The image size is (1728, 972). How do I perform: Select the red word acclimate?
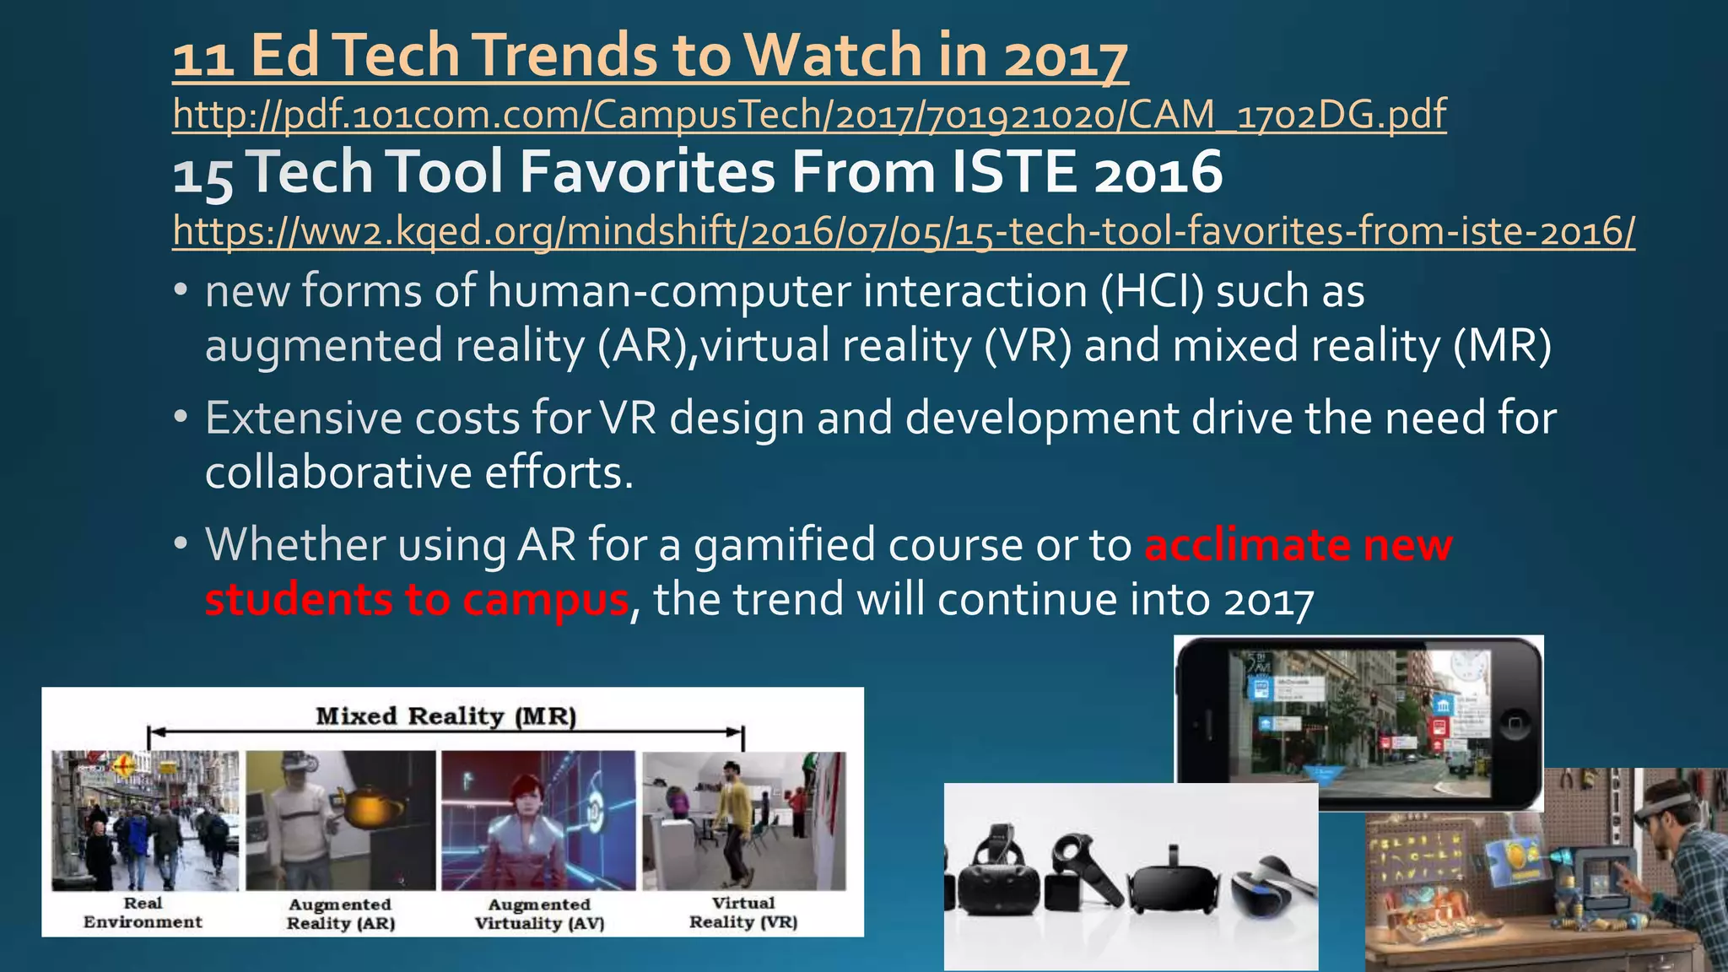(x=1245, y=545)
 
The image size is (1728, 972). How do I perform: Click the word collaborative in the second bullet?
(x=337, y=472)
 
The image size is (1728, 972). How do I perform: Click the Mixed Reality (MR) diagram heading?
(x=445, y=716)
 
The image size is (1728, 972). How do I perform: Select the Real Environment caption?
(x=143, y=913)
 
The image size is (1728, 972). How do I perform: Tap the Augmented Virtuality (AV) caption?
(x=539, y=914)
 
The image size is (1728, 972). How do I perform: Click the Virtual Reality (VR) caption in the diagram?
(x=742, y=913)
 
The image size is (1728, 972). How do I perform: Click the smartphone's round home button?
(x=1515, y=724)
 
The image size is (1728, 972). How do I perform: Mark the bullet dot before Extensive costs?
(x=181, y=418)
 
